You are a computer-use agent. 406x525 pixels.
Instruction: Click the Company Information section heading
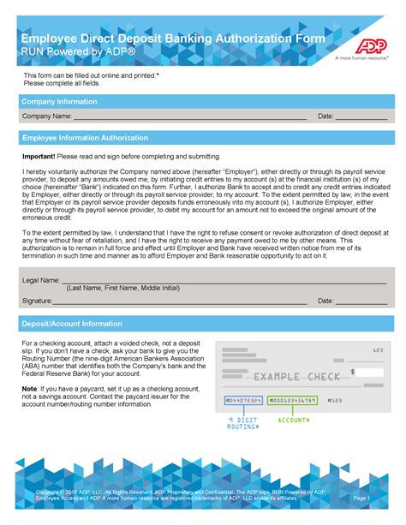pyautogui.click(x=59, y=101)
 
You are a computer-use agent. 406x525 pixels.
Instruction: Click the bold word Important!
pyautogui.click(x=39, y=157)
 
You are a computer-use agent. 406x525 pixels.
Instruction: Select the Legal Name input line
pyautogui.click(x=223, y=281)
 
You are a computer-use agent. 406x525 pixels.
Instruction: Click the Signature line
pyautogui.click(x=180, y=302)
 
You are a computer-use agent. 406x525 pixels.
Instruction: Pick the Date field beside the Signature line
pyautogui.click(x=361, y=302)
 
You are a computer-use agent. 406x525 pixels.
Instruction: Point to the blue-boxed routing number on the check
pyautogui.click(x=243, y=400)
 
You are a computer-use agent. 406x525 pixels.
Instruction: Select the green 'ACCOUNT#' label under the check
pyautogui.click(x=294, y=420)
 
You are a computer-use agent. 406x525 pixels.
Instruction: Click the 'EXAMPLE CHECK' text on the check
pyautogui.click(x=288, y=377)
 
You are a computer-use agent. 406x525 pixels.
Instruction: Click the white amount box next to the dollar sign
pyautogui.click(x=371, y=373)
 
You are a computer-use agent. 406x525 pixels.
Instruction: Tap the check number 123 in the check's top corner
pyautogui.click(x=377, y=350)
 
